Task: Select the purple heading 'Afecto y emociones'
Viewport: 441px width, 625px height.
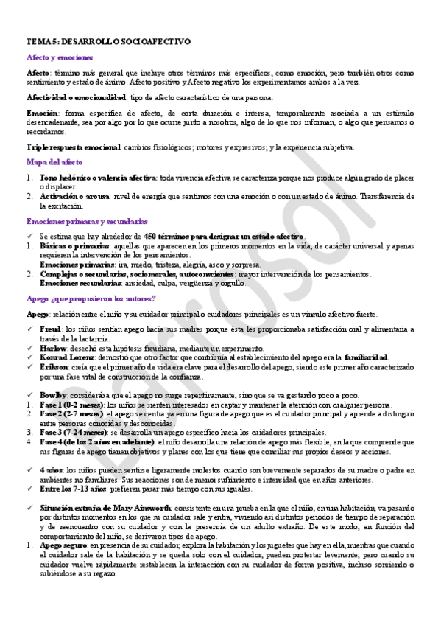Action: coord(60,57)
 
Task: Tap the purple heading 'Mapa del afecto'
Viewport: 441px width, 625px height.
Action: coord(54,162)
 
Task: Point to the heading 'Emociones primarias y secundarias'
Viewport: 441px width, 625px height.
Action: coord(87,221)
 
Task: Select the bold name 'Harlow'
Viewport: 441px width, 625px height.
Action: coord(53,348)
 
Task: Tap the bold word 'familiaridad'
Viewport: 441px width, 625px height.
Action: coord(366,357)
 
